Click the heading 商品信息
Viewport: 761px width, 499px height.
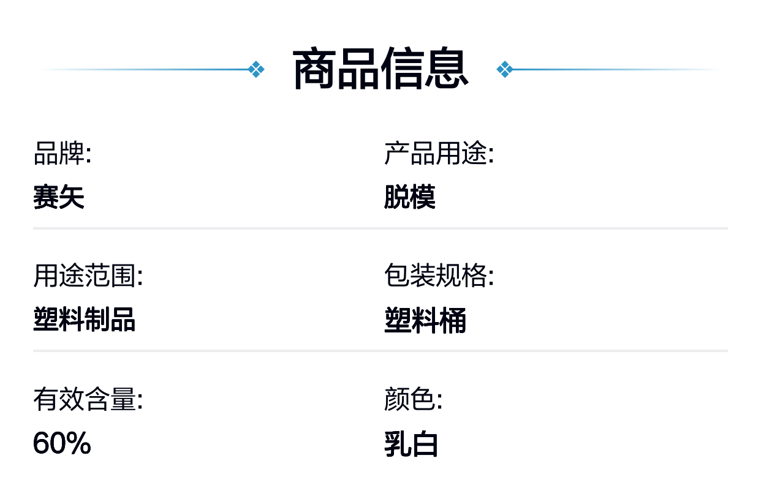pyautogui.click(x=380, y=69)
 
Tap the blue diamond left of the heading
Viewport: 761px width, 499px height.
pyautogui.click(x=256, y=69)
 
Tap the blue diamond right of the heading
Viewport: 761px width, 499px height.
pyautogui.click(x=505, y=69)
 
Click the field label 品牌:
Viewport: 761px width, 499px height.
pyautogui.click(x=62, y=154)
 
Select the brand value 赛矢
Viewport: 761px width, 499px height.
pyautogui.click(x=59, y=197)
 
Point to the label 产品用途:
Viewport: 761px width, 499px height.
pyautogui.click(x=439, y=154)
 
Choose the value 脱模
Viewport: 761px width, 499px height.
pyautogui.click(x=410, y=197)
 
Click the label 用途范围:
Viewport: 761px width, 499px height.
pyautogui.click(x=88, y=276)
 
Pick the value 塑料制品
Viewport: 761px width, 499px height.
pyautogui.click(x=85, y=320)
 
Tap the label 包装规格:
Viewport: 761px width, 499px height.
pyautogui.click(x=439, y=276)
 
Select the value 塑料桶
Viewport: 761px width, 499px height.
pyautogui.click(x=425, y=320)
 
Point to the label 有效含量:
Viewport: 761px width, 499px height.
pyautogui.click(x=88, y=399)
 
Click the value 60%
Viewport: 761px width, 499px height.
pyautogui.click(x=62, y=443)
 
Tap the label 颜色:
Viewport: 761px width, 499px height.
pyautogui.click(x=414, y=399)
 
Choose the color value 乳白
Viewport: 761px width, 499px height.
pyautogui.click(x=411, y=444)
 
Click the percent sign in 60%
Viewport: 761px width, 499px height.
pyautogui.click(x=78, y=443)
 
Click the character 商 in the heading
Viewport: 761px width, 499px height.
pyautogui.click(x=314, y=69)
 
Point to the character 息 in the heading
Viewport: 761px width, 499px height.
pyautogui.click(x=447, y=69)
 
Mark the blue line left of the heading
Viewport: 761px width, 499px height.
pyautogui.click(x=145, y=69)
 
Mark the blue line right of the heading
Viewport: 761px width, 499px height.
pyautogui.click(x=616, y=69)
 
